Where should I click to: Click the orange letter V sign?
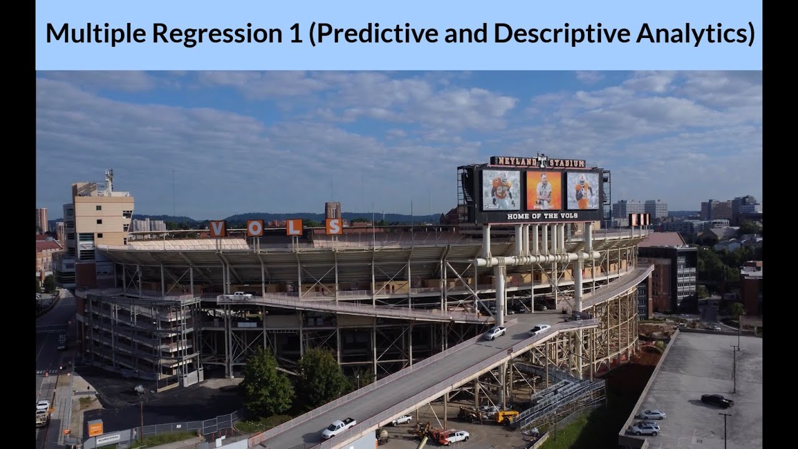tap(217, 229)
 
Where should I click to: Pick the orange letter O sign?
tap(254, 228)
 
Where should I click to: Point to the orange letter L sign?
tap(294, 227)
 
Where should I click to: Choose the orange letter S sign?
tap(334, 226)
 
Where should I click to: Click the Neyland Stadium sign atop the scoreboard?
tap(538, 162)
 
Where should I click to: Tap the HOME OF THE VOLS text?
tap(542, 216)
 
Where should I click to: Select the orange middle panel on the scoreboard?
tap(544, 190)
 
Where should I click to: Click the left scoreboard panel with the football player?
tap(501, 190)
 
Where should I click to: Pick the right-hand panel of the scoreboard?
tap(582, 190)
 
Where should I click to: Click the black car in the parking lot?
tap(716, 400)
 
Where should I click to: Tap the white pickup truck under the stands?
tap(238, 297)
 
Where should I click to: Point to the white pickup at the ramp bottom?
tap(338, 427)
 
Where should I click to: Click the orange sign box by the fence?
tap(95, 427)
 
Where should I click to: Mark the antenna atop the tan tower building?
tap(108, 180)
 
